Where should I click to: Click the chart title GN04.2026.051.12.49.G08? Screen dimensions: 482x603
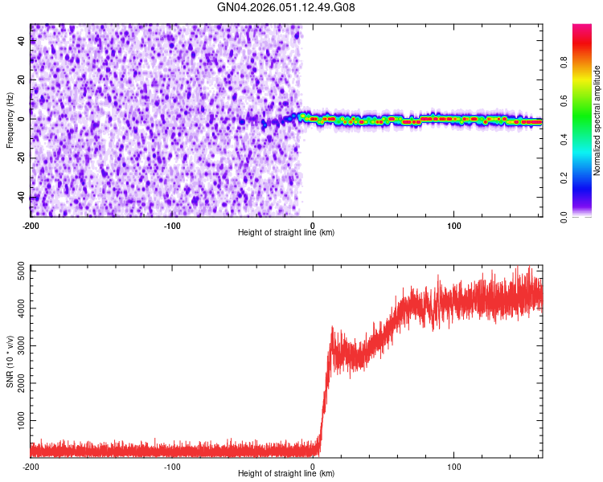(x=286, y=7)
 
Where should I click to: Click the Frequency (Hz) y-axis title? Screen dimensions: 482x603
(x=10, y=120)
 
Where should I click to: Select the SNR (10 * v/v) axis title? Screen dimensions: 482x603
(x=10, y=361)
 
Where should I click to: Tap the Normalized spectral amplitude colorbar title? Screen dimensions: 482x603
(x=597, y=120)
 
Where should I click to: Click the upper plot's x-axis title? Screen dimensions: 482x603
(x=286, y=232)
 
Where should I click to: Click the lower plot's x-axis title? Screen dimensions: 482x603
(x=286, y=473)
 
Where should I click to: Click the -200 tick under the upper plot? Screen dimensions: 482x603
(x=31, y=224)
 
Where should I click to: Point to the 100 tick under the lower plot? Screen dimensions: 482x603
(x=454, y=466)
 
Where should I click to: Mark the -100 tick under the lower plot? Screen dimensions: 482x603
(x=171, y=466)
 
